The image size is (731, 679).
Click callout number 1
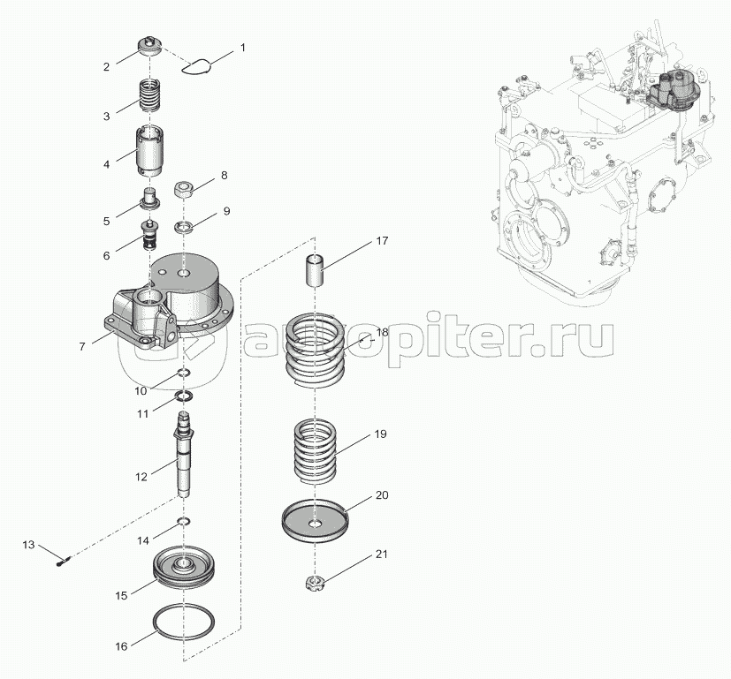tap(243, 47)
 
